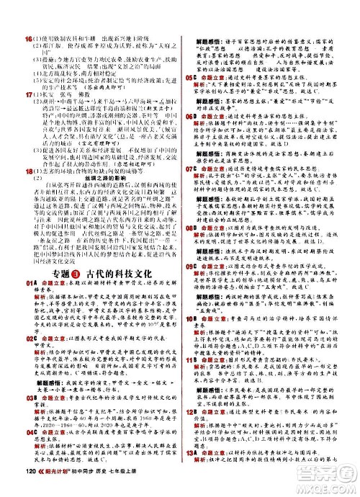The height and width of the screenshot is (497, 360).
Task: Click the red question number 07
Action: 190,167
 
